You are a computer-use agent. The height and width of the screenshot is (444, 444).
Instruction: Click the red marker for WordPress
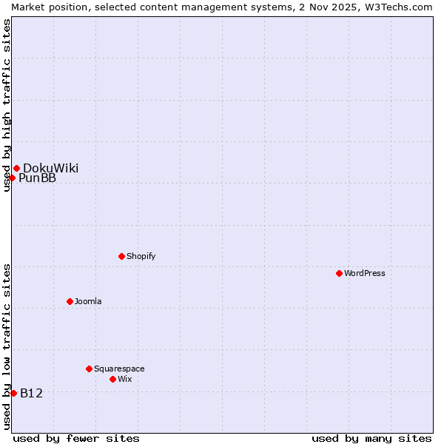(340, 273)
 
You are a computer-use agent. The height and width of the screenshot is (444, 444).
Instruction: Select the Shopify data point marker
(122, 256)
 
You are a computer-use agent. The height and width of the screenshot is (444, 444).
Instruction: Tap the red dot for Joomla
(70, 301)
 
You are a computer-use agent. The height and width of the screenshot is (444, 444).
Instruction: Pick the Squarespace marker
(90, 369)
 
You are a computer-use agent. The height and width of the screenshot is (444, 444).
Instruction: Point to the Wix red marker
(113, 379)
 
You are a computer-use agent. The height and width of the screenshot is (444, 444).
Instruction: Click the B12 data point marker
(13, 393)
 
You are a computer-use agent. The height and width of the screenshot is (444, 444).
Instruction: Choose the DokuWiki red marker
(16, 168)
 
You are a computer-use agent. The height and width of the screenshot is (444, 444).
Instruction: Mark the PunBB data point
(13, 178)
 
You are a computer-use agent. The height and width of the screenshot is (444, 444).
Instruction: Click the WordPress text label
(365, 273)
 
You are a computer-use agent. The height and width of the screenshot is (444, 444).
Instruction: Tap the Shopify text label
(141, 256)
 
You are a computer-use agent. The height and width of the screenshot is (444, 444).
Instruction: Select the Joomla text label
(88, 301)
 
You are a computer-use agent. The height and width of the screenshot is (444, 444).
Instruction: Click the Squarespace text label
(119, 369)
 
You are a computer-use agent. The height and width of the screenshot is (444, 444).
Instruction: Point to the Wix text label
(125, 379)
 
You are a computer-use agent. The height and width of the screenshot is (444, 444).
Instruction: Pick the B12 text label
(32, 393)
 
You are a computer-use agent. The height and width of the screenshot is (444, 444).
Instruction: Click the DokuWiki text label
(50, 168)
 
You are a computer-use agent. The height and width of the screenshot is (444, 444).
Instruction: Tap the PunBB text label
(37, 178)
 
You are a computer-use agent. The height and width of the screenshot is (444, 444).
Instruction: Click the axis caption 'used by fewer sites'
(76, 438)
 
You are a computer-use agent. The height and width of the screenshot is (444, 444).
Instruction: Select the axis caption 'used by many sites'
(371, 438)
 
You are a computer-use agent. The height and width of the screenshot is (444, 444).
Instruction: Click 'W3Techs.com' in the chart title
(401, 7)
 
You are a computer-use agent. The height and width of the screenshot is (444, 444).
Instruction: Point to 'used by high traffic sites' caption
(7, 105)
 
